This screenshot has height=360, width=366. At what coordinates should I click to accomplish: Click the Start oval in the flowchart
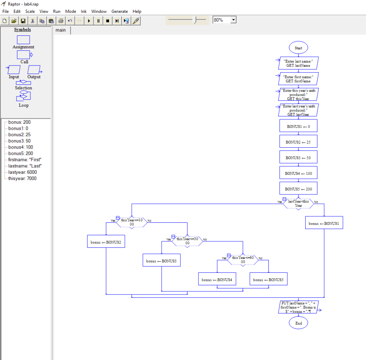pyautogui.click(x=298, y=48)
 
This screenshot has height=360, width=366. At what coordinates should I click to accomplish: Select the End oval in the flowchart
pyautogui.click(x=298, y=323)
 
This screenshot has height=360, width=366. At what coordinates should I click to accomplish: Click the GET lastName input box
pyautogui.click(x=298, y=63)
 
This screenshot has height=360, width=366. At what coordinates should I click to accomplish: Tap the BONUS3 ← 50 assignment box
pyautogui.click(x=298, y=157)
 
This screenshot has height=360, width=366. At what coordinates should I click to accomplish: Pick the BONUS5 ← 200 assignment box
pyautogui.click(x=298, y=188)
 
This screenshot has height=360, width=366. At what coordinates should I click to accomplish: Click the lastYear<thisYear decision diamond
pyautogui.click(x=298, y=203)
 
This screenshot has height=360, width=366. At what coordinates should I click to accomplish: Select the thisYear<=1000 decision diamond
pyautogui.click(x=132, y=222)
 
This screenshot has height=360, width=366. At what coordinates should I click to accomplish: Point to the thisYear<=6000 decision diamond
pyautogui.click(x=243, y=260)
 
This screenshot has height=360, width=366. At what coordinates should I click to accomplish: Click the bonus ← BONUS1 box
pyautogui.click(x=324, y=223)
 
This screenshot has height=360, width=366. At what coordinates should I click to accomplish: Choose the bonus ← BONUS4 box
pyautogui.click(x=217, y=280)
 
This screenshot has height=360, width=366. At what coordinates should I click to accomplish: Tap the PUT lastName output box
pyautogui.click(x=298, y=307)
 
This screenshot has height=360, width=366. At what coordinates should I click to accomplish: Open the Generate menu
pyautogui.click(x=119, y=11)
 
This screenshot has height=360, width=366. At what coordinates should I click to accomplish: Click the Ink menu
pyautogui.click(x=84, y=11)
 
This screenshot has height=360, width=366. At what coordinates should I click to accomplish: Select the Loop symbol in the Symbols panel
pyautogui.click(x=24, y=96)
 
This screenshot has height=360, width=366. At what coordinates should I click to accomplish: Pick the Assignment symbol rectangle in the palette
pyautogui.click(x=24, y=40)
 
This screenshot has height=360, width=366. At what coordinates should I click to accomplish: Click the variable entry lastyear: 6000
pyautogui.click(x=22, y=172)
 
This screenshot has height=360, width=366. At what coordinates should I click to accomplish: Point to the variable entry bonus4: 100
pyautogui.click(x=21, y=147)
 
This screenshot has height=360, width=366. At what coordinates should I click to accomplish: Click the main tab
pyautogui.click(x=60, y=30)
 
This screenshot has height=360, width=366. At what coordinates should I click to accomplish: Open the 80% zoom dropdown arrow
pyautogui.click(x=233, y=20)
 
